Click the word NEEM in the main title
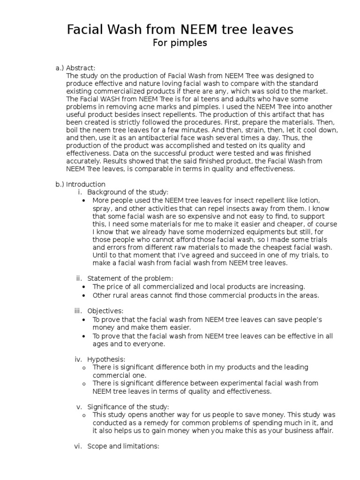click(x=197, y=30)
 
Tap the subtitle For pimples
click(x=180, y=44)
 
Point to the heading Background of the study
click(x=127, y=192)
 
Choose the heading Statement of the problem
click(x=130, y=278)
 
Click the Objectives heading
click(x=105, y=311)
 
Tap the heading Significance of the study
click(x=128, y=406)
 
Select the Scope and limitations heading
click(x=123, y=446)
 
